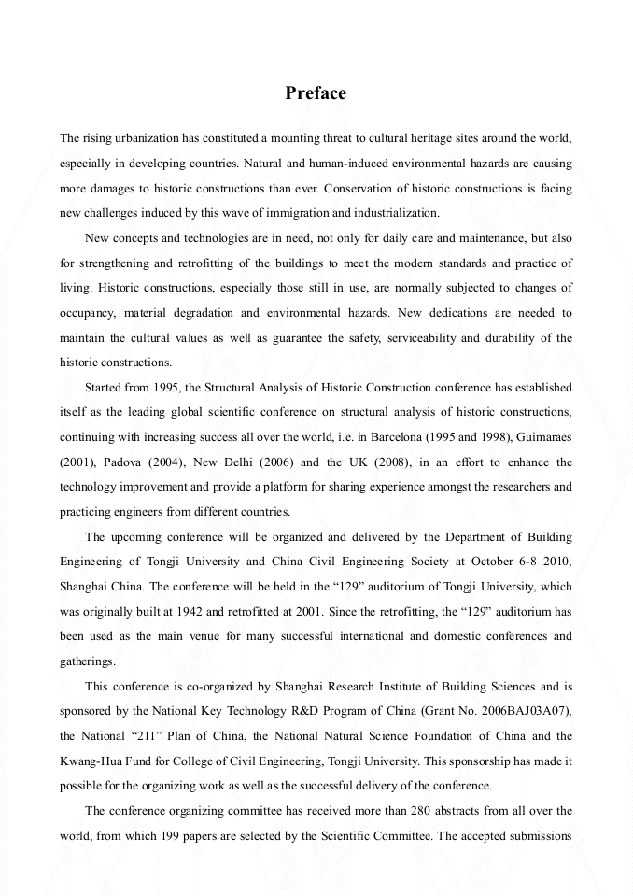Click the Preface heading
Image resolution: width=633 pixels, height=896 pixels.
[x=316, y=93]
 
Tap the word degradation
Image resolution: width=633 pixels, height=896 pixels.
[x=200, y=312]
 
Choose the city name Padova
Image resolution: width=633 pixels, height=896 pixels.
[x=120, y=462]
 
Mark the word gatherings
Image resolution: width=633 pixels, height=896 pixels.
[x=88, y=661]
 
